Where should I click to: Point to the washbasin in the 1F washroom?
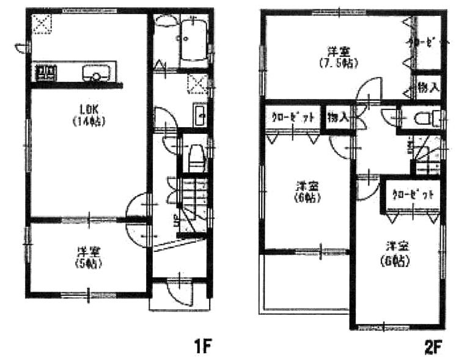click(200, 114)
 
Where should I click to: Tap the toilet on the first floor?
click(196, 158)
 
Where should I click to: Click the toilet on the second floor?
click(422, 118)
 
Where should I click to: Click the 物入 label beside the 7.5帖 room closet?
click(428, 88)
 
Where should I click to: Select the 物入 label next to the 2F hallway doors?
click(337, 117)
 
